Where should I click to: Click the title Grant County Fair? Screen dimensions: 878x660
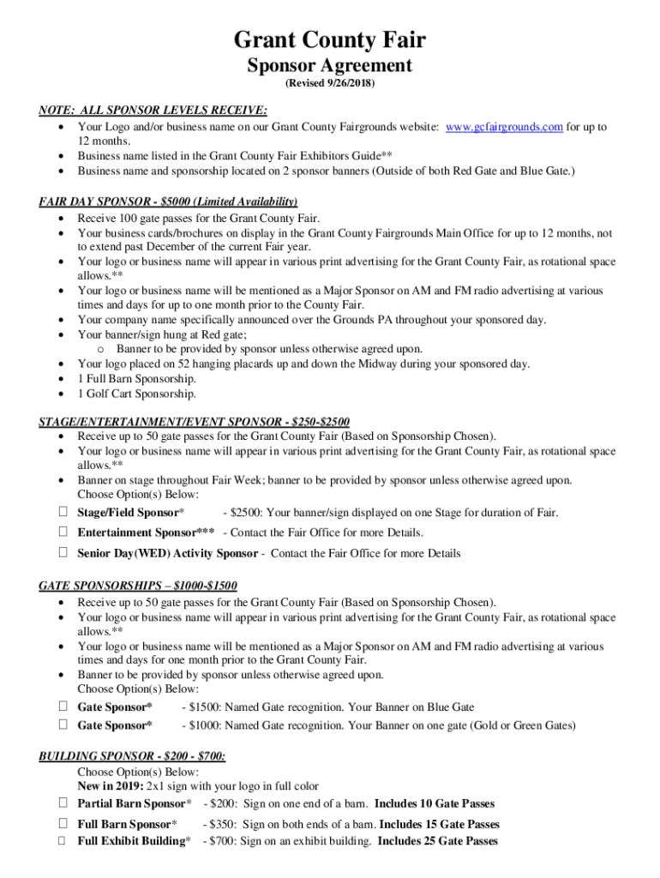click(x=330, y=40)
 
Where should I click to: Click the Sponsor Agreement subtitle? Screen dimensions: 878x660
click(x=330, y=66)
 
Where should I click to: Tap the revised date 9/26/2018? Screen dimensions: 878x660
click(x=330, y=85)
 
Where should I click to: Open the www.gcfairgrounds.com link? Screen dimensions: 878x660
click(x=504, y=127)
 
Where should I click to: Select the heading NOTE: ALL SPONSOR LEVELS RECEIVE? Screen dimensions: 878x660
click(x=153, y=111)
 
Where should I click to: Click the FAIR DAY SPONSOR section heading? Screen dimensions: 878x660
click(x=168, y=201)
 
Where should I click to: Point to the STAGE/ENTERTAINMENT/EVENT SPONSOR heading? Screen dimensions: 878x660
click(x=195, y=421)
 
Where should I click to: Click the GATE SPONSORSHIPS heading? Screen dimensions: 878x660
click(x=138, y=586)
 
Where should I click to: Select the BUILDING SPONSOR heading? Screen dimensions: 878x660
click(x=133, y=756)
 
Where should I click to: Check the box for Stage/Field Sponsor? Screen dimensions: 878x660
click(x=63, y=512)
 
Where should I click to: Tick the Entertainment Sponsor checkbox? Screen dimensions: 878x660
click(x=63, y=532)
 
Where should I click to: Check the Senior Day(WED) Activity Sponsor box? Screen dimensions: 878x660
click(x=63, y=553)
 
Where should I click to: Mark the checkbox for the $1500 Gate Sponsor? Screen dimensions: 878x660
click(x=63, y=707)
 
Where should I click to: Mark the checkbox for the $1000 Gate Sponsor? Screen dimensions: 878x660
click(x=63, y=725)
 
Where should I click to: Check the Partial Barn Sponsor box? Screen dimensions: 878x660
click(x=63, y=803)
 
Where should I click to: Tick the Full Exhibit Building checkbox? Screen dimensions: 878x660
click(x=63, y=840)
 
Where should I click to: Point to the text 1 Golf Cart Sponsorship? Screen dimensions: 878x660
click(x=137, y=394)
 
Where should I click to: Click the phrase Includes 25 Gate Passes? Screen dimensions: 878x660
click(x=438, y=841)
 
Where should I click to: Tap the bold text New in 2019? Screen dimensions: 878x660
click(x=111, y=785)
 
